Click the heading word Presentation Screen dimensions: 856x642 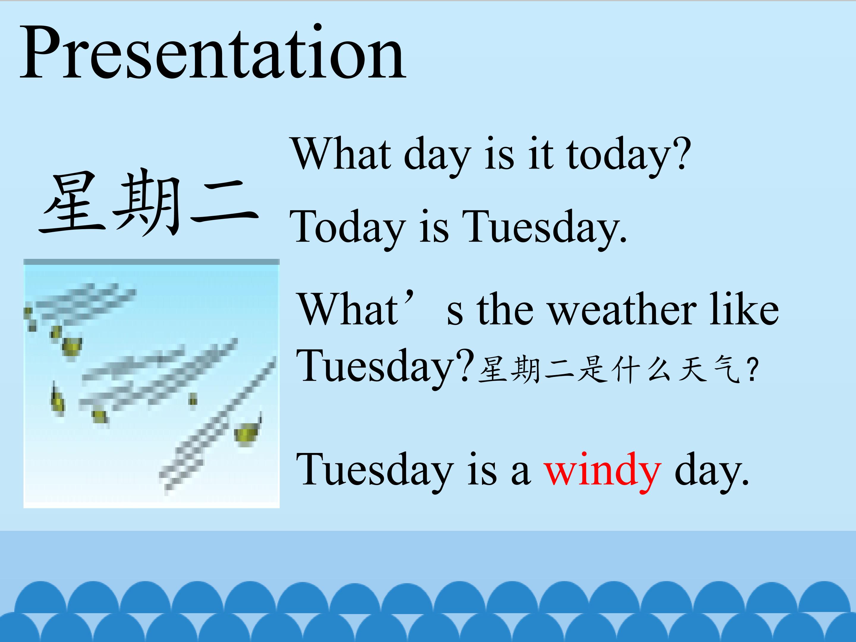point(213,52)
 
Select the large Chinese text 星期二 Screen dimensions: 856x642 point(149,203)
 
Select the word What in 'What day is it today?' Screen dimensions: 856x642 point(341,153)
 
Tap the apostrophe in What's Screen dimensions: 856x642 point(410,298)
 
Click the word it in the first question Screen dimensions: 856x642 point(541,154)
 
